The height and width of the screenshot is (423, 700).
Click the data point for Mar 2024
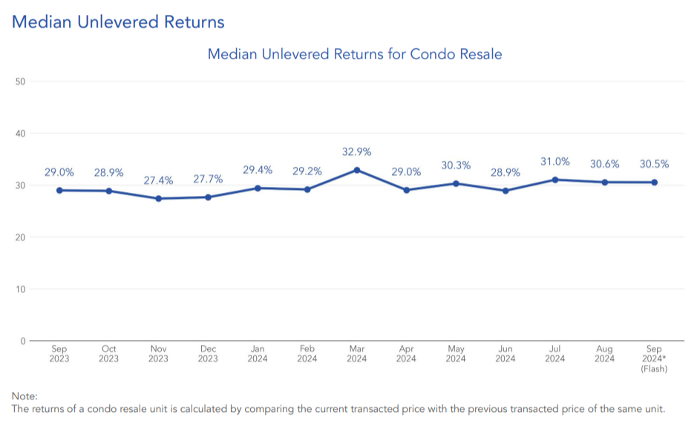pyautogui.click(x=357, y=170)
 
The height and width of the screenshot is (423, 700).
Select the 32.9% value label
pyautogui.click(x=357, y=152)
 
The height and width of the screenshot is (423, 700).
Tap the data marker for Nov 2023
pyautogui.click(x=158, y=198)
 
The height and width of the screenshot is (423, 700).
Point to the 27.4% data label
pyautogui.click(x=158, y=180)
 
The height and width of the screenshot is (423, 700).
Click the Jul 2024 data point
pyautogui.click(x=555, y=180)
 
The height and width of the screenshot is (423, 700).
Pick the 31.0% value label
pyautogui.click(x=555, y=162)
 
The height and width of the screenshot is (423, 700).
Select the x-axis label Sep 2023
pyautogui.click(x=59, y=354)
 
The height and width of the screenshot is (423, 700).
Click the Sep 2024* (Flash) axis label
pyautogui.click(x=655, y=358)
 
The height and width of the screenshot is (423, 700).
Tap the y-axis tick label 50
pyautogui.click(x=21, y=82)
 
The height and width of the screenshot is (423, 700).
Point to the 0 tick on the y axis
pyautogui.click(x=23, y=341)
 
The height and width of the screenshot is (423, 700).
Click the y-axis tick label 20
pyautogui.click(x=21, y=237)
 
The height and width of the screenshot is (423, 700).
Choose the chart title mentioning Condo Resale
pyautogui.click(x=355, y=54)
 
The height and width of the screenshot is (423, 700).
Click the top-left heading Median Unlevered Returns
pyautogui.click(x=118, y=22)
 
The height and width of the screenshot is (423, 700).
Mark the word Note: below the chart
pyautogui.click(x=24, y=396)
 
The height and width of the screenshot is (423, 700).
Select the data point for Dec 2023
pyautogui.click(x=208, y=197)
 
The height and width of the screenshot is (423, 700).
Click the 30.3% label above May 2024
pyautogui.click(x=456, y=165)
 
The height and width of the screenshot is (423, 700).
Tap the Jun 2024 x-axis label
pyautogui.click(x=506, y=354)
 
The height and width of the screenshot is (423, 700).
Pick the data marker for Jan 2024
pyautogui.click(x=258, y=188)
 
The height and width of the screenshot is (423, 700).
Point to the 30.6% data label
pyautogui.click(x=605, y=164)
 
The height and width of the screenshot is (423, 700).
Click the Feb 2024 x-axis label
pyautogui.click(x=307, y=354)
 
